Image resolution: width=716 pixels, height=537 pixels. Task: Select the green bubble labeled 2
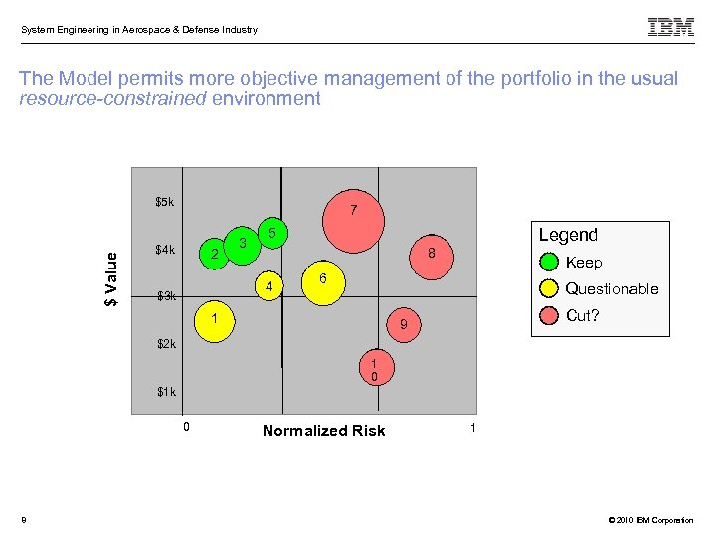(x=215, y=255)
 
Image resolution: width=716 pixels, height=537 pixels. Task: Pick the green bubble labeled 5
(x=271, y=233)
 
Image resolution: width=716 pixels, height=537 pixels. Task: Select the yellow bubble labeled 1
(x=213, y=321)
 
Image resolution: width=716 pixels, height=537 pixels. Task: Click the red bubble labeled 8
(x=430, y=255)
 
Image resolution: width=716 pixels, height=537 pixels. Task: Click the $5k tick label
(x=165, y=202)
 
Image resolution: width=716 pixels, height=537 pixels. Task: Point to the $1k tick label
(x=166, y=392)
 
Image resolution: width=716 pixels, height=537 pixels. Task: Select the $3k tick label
(x=166, y=296)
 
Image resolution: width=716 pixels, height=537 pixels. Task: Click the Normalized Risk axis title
(x=323, y=431)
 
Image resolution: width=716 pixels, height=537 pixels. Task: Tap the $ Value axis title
(x=113, y=278)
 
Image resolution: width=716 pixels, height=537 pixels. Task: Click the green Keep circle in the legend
(x=550, y=263)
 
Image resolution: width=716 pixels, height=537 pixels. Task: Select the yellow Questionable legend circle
(x=550, y=289)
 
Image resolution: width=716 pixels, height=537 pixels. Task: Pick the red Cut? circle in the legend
(x=550, y=316)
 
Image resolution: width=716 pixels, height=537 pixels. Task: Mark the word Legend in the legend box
(x=568, y=235)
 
